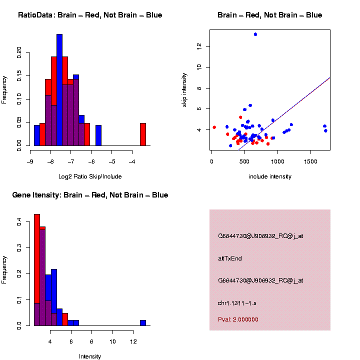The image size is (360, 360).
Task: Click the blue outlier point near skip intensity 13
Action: [x=255, y=34]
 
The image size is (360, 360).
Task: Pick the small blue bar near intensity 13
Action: [x=143, y=323]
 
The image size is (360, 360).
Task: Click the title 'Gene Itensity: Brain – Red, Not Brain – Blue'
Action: [x=90, y=195]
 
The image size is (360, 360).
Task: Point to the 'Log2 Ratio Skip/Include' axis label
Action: [x=90, y=176]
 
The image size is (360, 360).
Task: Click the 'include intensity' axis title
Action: [x=270, y=176]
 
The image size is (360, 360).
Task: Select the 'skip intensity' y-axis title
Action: [x=183, y=89]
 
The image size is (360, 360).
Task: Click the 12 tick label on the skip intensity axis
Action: [x=199, y=46]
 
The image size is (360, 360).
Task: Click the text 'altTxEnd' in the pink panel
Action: [x=230, y=258]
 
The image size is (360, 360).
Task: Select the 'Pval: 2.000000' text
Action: [x=238, y=319]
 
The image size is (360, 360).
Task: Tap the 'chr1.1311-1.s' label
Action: [x=237, y=303]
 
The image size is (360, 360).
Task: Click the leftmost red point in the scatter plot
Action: [x=214, y=127]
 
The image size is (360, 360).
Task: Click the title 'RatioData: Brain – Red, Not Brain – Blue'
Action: [x=90, y=15]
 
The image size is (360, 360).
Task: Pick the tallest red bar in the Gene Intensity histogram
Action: [x=37, y=270]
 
